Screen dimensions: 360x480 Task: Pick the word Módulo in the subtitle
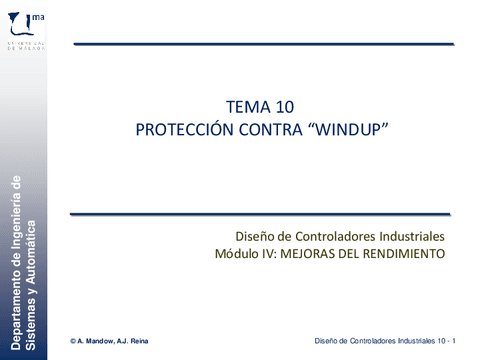(236, 254)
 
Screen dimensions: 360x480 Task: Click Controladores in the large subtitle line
(325, 236)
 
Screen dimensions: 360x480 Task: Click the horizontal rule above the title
(264, 45)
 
